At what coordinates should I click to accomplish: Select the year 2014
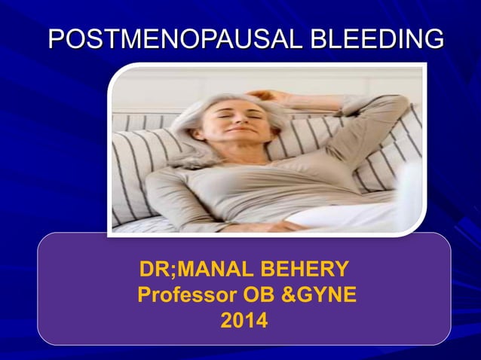coord(243,322)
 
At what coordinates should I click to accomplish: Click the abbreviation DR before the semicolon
coord(154,270)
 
